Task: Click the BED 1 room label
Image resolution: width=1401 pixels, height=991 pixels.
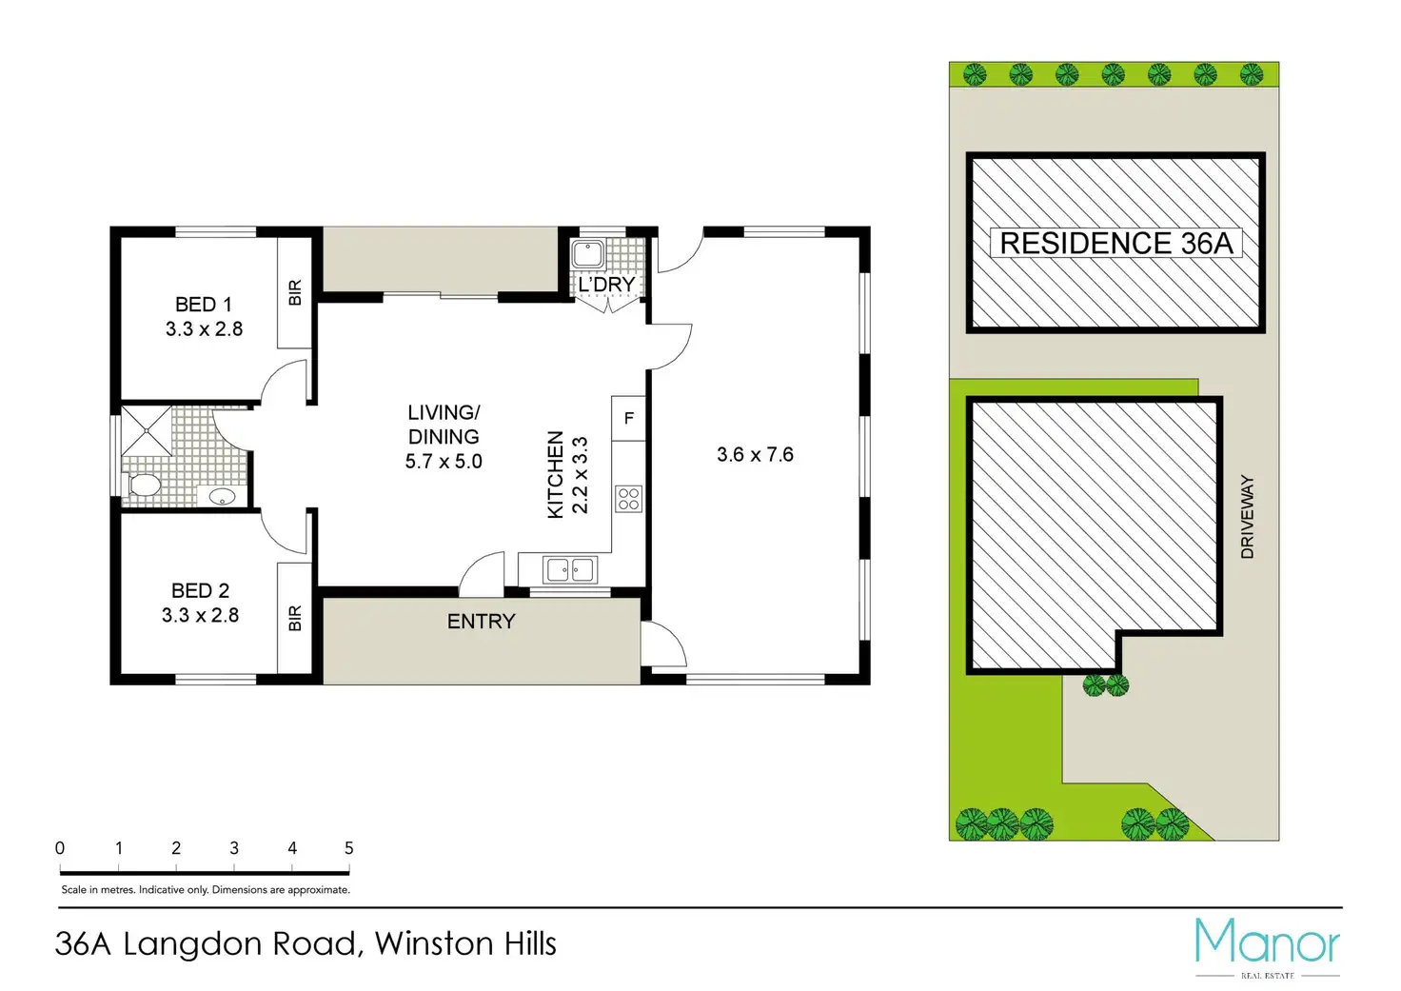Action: tap(203, 305)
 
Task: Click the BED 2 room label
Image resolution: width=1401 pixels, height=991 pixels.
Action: tap(200, 591)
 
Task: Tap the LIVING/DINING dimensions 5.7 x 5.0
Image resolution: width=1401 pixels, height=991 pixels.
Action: tap(444, 462)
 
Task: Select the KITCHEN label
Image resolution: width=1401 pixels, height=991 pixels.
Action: tap(556, 475)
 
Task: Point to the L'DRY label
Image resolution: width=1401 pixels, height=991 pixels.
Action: tap(606, 285)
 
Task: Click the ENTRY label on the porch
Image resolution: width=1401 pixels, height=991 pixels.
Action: tap(481, 622)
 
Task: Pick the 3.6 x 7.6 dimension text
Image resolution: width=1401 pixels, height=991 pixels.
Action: tap(755, 455)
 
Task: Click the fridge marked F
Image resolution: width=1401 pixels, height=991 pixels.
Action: tap(628, 418)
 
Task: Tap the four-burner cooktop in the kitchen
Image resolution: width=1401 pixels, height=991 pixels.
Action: tap(628, 499)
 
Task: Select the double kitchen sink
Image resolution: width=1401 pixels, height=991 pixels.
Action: tap(569, 570)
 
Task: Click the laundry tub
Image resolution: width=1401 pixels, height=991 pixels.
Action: tap(587, 254)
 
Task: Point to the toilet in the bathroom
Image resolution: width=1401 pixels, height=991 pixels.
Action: tap(144, 486)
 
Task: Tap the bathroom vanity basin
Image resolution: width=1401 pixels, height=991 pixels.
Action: tap(222, 496)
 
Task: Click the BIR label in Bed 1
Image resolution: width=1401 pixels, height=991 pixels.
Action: tap(295, 292)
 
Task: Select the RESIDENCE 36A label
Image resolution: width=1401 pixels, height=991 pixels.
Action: tap(1115, 244)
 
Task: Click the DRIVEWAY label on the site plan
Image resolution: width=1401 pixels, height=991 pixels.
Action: tap(1247, 517)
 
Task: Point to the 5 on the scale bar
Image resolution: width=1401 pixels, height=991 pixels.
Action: tap(348, 848)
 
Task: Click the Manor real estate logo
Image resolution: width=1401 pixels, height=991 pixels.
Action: tap(1267, 945)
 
